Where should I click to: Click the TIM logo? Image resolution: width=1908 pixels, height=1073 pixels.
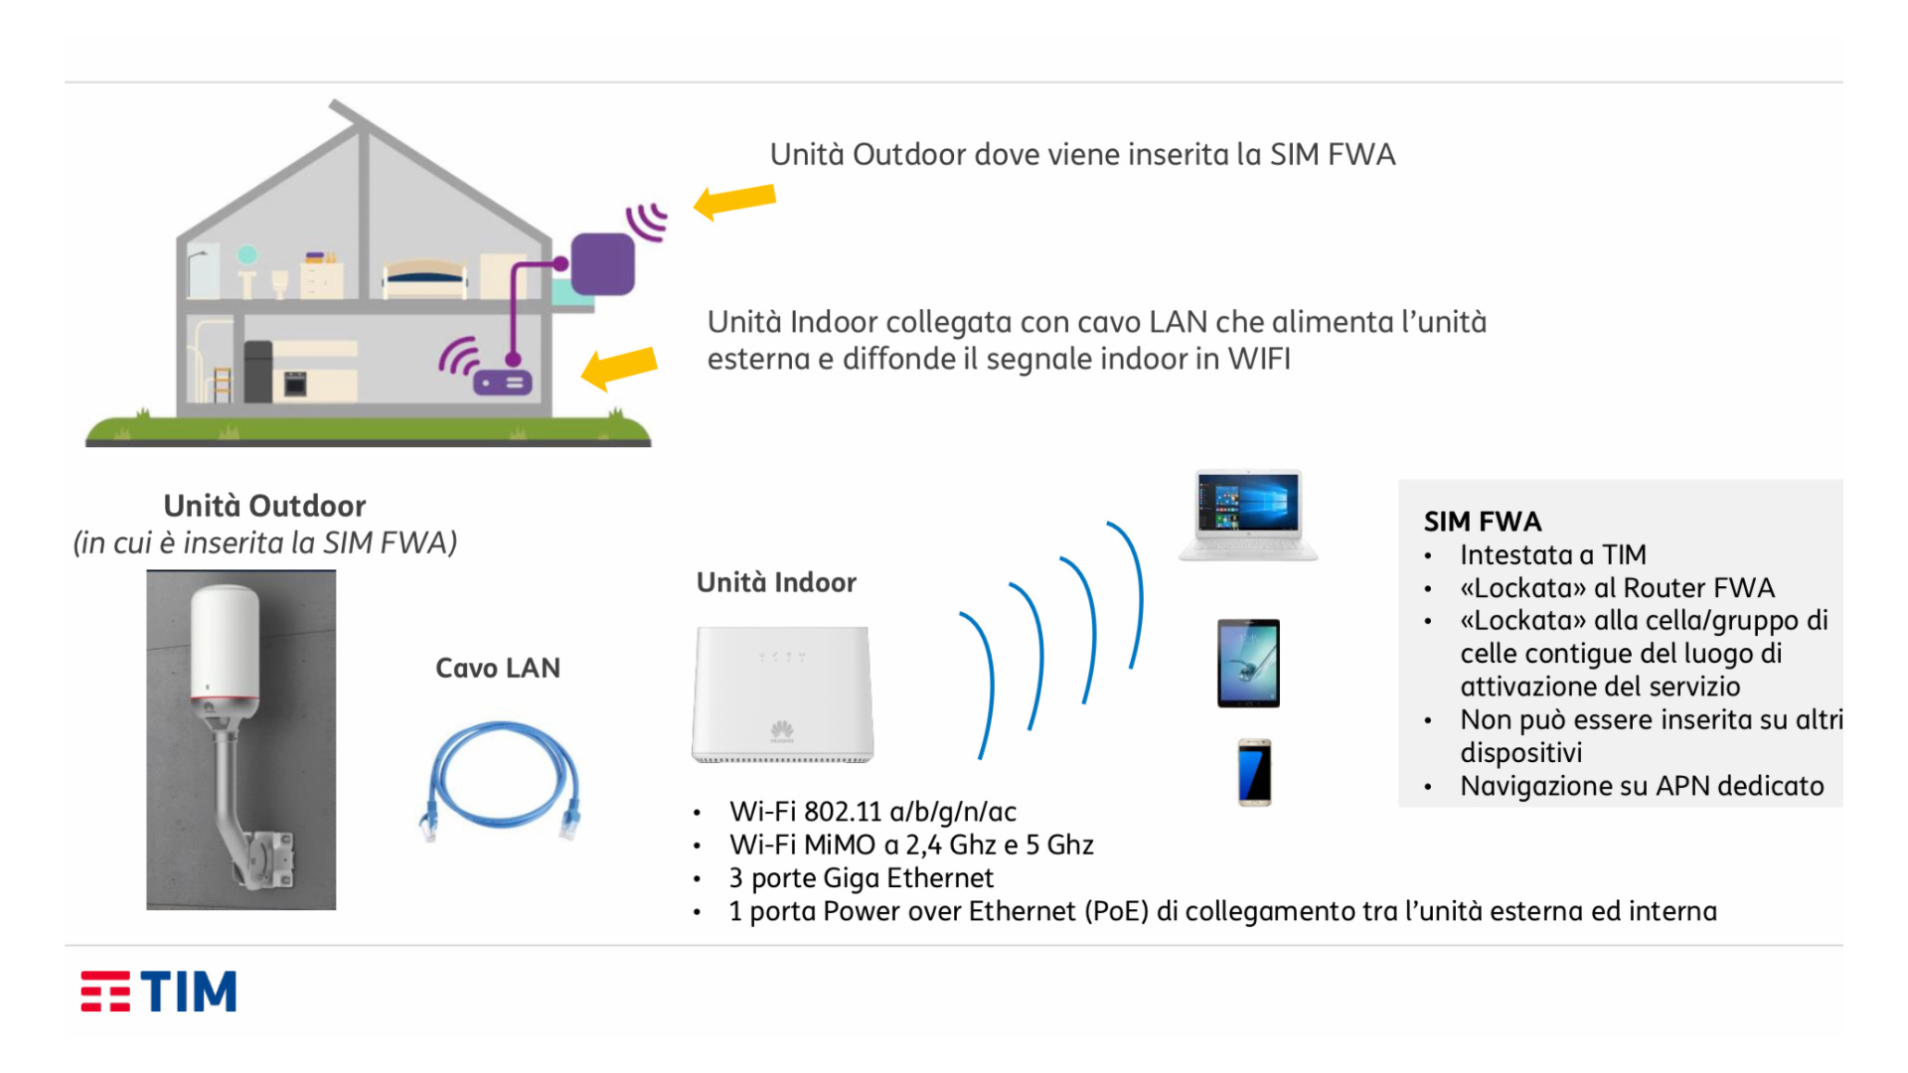point(159,992)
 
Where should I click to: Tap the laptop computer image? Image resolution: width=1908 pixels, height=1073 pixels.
point(1248,516)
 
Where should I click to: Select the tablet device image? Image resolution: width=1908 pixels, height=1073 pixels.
point(1248,663)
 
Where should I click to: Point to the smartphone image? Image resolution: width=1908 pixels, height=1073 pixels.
point(1254,772)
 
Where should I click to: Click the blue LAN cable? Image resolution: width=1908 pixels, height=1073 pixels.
point(501,781)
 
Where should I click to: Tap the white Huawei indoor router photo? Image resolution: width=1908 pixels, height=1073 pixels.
point(782,693)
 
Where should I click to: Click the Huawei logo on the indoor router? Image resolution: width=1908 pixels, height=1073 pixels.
point(782,731)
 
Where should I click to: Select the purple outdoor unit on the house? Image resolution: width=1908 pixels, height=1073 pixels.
point(602,264)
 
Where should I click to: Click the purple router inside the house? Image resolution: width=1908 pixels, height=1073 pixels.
point(503,383)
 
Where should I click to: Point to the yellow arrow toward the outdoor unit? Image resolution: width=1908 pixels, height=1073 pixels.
point(734,200)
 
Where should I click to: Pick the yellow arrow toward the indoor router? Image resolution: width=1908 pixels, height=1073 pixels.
point(619,368)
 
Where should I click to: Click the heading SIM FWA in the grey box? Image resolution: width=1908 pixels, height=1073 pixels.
point(1482,522)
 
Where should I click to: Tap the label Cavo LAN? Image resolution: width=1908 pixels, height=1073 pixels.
point(498,668)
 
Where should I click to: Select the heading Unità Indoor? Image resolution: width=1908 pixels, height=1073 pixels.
point(776,582)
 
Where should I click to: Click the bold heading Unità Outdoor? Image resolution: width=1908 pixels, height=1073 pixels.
point(264,506)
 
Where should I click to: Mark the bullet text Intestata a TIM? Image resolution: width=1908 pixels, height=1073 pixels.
point(1552,554)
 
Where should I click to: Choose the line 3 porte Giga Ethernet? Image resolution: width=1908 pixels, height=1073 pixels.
point(861,878)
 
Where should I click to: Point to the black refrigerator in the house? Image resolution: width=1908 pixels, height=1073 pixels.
point(257,371)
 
